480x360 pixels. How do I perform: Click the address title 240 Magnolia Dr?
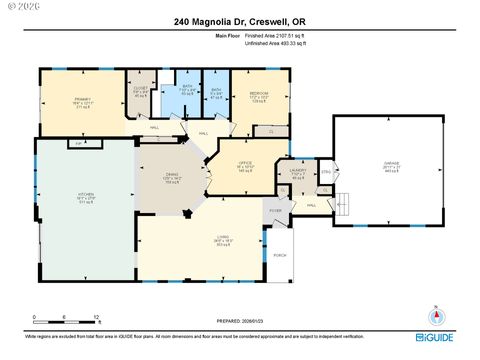click(239, 21)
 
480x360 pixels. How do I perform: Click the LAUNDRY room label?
click(296, 169)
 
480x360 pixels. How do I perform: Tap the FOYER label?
click(276, 211)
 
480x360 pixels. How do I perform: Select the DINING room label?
click(173, 175)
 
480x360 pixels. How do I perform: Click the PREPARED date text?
click(239, 322)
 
